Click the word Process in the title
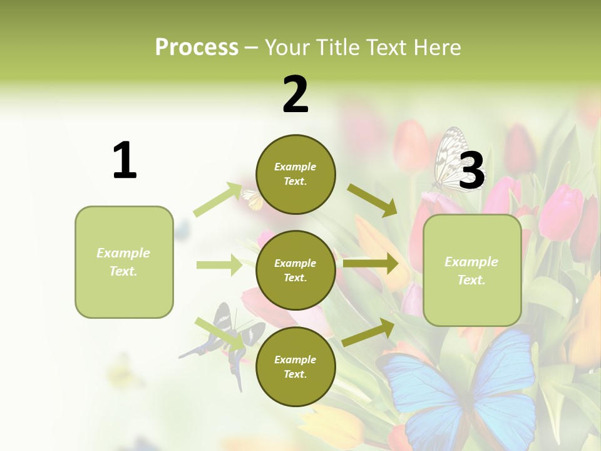pyautogui.click(x=197, y=47)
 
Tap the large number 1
pyautogui.click(x=125, y=161)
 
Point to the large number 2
pyautogui.click(x=295, y=95)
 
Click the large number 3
pyautogui.click(x=471, y=171)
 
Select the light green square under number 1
pyautogui.click(x=124, y=262)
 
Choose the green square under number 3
pyautogui.click(x=472, y=270)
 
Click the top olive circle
pyautogui.click(x=295, y=174)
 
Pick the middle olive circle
pyautogui.click(x=295, y=270)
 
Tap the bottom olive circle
pyautogui.click(x=295, y=366)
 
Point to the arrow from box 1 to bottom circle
pyautogui.click(x=219, y=332)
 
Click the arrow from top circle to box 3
pyautogui.click(x=372, y=200)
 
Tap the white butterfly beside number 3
pyautogui.click(x=451, y=160)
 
